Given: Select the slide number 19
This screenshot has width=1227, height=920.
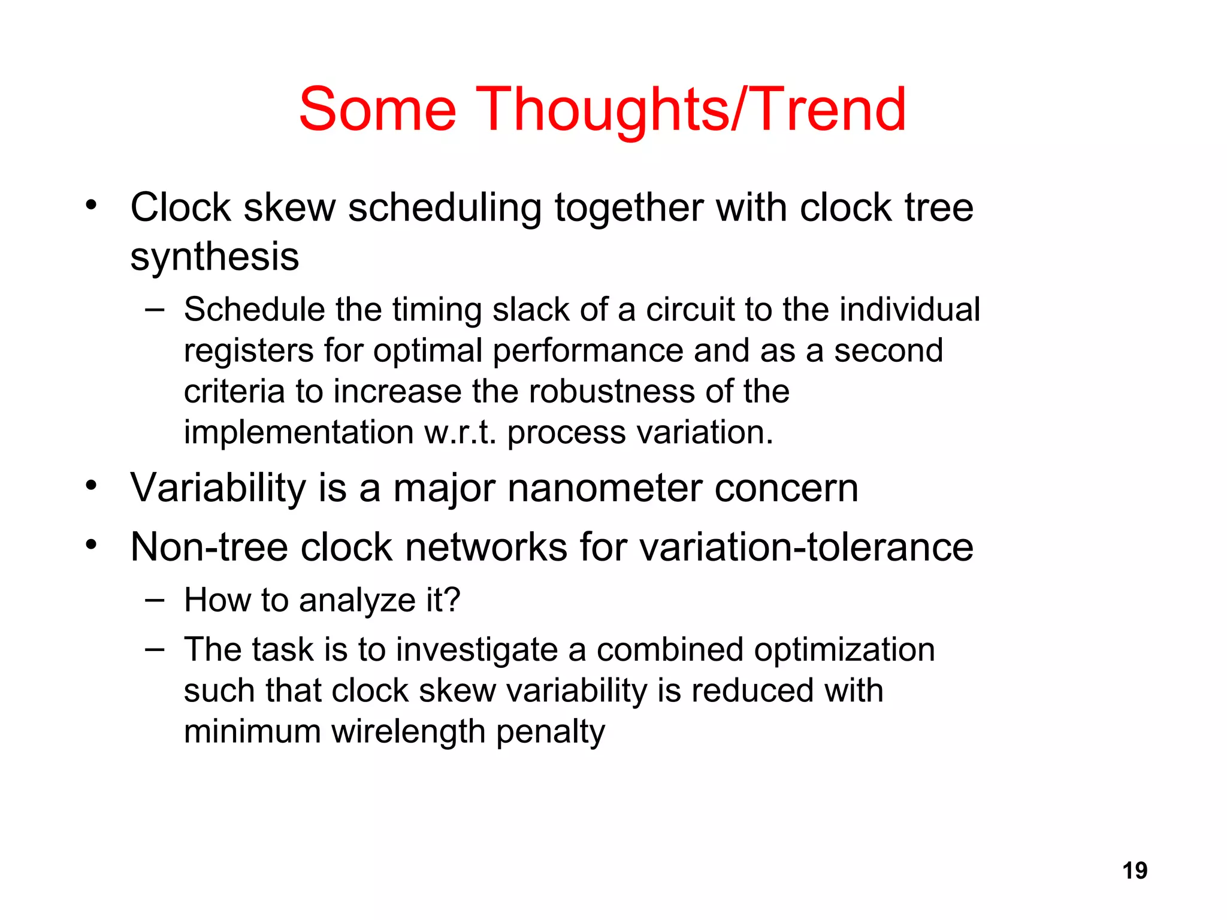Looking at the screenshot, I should tap(1134, 870).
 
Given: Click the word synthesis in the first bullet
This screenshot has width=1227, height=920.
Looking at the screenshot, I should tap(214, 258).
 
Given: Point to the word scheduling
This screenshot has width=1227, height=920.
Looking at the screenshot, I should tap(445, 208).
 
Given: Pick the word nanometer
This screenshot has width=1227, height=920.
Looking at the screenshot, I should tap(605, 488).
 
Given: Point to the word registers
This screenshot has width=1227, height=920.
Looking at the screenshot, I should tap(248, 351).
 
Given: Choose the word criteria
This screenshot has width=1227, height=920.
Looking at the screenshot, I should tap(234, 392).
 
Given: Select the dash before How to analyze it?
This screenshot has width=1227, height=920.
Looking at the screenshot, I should tap(155, 600).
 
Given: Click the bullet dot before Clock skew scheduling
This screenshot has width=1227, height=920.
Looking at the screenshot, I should tap(90, 205).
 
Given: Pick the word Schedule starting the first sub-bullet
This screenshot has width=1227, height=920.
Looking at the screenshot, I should tap(253, 310).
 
